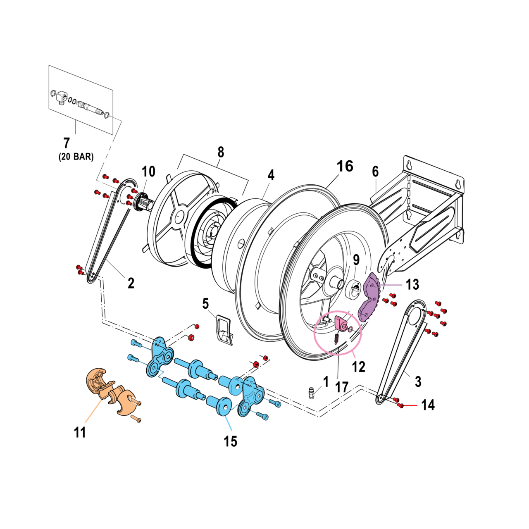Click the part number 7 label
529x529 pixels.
click(67, 143)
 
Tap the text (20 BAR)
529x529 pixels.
click(76, 157)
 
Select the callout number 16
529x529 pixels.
click(345, 166)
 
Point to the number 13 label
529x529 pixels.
click(412, 284)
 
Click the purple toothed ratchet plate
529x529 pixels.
click(371, 296)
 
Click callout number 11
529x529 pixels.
click(80, 432)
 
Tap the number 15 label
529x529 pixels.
click(231, 441)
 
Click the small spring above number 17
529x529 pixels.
click(336, 338)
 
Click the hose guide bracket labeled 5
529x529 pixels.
click(224, 329)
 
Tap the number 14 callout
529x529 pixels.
click(428, 405)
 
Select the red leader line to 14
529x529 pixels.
click(411, 406)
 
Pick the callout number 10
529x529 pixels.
click(148, 172)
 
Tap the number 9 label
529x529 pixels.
click(356, 260)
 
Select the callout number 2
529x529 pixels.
click(131, 283)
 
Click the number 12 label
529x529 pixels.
click(358, 367)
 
